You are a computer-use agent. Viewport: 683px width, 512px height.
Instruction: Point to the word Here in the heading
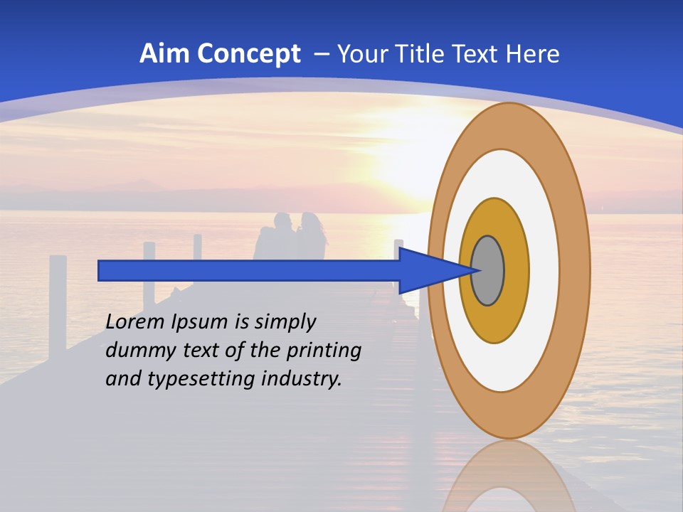533,54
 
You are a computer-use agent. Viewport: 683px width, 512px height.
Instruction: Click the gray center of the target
488,270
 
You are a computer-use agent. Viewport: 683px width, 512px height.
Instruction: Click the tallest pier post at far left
58,299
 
